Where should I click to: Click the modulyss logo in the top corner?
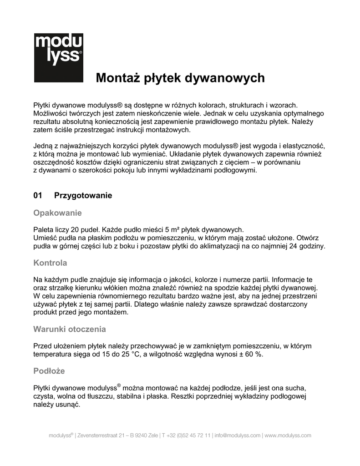(x=58, y=57)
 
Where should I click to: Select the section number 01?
(x=38, y=196)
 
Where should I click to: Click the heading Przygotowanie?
(x=83, y=196)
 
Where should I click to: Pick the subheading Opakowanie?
(x=58, y=213)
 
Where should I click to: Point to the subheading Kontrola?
(x=51, y=263)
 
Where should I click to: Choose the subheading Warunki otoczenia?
(x=70, y=329)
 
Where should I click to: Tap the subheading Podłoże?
(x=49, y=371)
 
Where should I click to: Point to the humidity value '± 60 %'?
(x=248, y=354)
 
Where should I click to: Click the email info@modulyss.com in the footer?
(x=238, y=436)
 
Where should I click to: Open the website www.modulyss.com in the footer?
(x=288, y=436)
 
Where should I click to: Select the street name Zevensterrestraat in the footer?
(x=100, y=436)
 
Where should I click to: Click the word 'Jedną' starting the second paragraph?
(x=43, y=146)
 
